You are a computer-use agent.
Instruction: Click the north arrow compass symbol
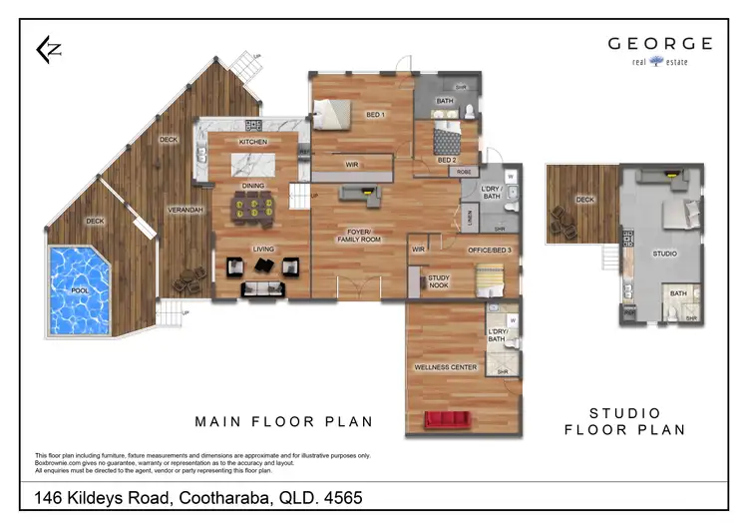[x=46, y=50]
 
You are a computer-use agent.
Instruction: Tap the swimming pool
[x=83, y=290]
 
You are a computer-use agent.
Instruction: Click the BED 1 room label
[x=375, y=114]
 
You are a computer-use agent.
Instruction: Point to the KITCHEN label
[x=252, y=143]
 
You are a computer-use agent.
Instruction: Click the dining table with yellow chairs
[x=252, y=208]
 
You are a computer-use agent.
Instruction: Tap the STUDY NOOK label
[x=438, y=282]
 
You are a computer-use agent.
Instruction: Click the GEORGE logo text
[x=660, y=44]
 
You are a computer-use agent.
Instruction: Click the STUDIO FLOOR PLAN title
[x=625, y=421]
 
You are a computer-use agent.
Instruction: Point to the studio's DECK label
[x=584, y=199]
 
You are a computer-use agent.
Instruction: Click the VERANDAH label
[x=186, y=210]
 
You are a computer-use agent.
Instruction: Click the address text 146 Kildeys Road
[x=199, y=497]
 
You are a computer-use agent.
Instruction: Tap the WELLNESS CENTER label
[x=445, y=367]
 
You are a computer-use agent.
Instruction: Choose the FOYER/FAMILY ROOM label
[x=358, y=236]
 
